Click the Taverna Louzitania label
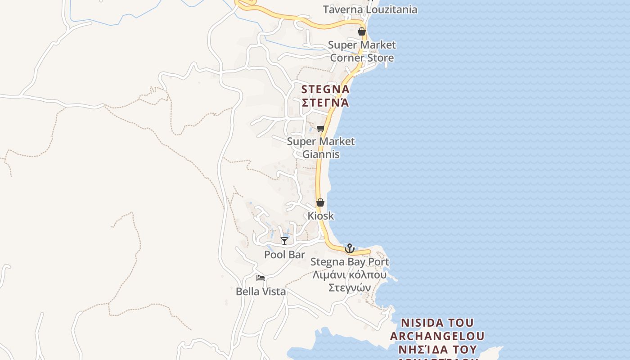point(370,9)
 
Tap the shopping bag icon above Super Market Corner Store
point(361,31)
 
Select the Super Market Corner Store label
point(362,51)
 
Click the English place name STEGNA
point(325,89)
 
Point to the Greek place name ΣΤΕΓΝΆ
point(325,103)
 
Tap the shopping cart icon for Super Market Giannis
point(320,129)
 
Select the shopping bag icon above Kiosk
point(320,203)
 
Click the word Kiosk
point(321,216)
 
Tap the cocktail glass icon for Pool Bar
point(284,241)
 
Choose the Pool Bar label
point(284,255)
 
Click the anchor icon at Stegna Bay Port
point(349,248)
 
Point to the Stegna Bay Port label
point(350,261)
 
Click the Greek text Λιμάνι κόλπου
point(350,274)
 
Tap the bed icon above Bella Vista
point(261,278)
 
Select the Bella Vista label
point(261,292)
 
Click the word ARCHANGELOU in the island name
point(437,336)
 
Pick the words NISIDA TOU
point(437,323)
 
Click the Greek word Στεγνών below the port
point(350,288)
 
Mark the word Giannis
point(321,154)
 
